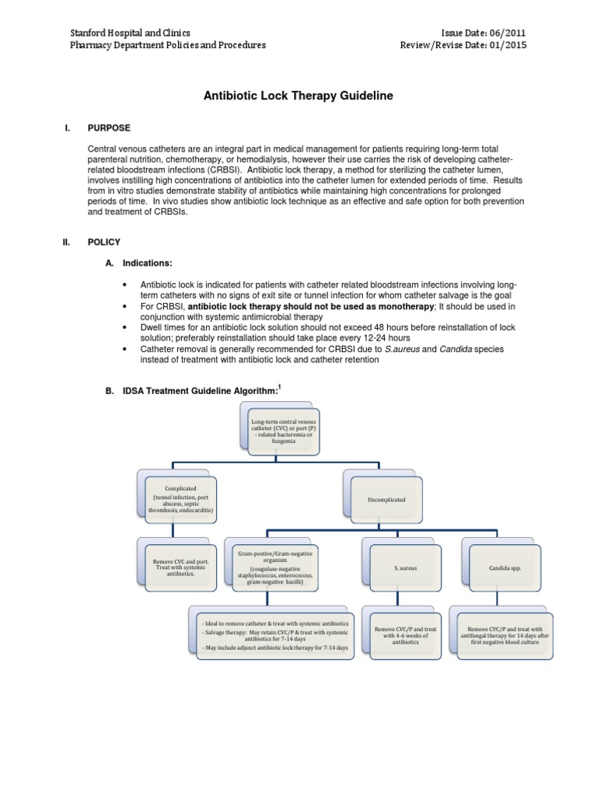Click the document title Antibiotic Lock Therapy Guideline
pos(298,96)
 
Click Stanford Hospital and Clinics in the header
pos(130,33)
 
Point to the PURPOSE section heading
pos(110,127)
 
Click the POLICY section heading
pos(105,243)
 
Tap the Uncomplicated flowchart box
pos(386,500)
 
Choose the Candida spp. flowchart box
pos(506,568)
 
